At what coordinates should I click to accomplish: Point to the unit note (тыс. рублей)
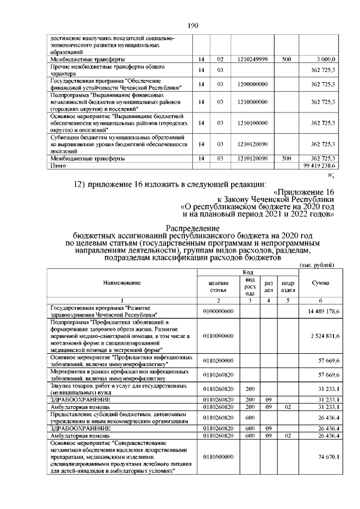point(317,264)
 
